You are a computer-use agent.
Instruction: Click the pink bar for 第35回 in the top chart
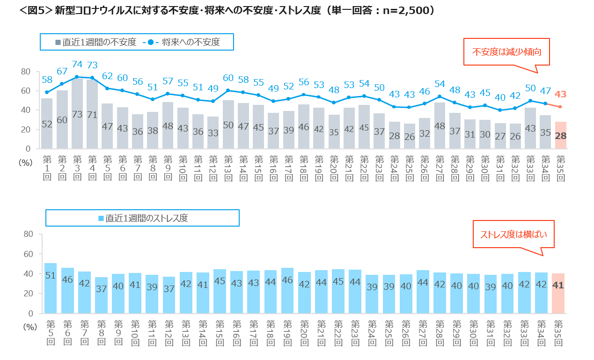(560, 135)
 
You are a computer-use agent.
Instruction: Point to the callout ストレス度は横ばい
(513, 234)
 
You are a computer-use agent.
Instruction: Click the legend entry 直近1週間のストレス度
(143, 218)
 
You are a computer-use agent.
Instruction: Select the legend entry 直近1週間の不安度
(96, 42)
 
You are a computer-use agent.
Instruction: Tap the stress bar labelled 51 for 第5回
(51, 288)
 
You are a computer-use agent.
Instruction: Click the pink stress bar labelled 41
(558, 293)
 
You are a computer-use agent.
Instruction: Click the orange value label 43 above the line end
(560, 94)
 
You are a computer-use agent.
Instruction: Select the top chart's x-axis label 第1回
(47, 166)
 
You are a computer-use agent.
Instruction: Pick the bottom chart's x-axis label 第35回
(558, 332)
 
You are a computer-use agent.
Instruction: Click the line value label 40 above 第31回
(500, 97)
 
